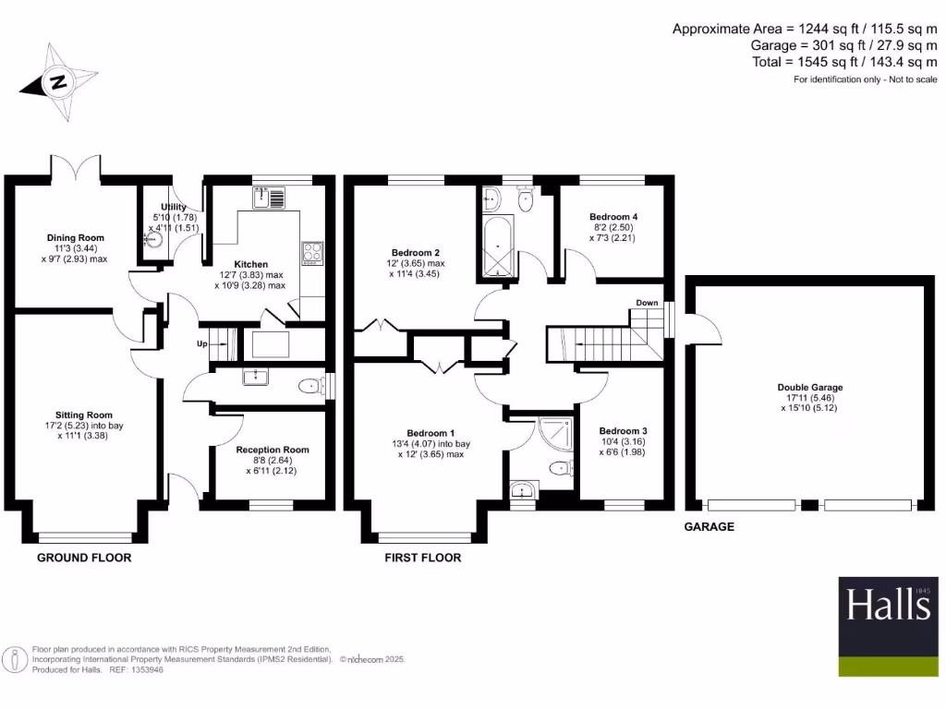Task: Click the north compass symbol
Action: point(59,82)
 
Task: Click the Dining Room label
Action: point(76,237)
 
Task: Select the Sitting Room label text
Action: point(83,415)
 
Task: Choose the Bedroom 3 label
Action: point(623,431)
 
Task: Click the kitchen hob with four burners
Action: point(311,252)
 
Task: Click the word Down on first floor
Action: point(647,303)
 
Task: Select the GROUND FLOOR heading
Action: point(84,558)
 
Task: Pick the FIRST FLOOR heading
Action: point(422,558)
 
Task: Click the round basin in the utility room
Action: point(153,238)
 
